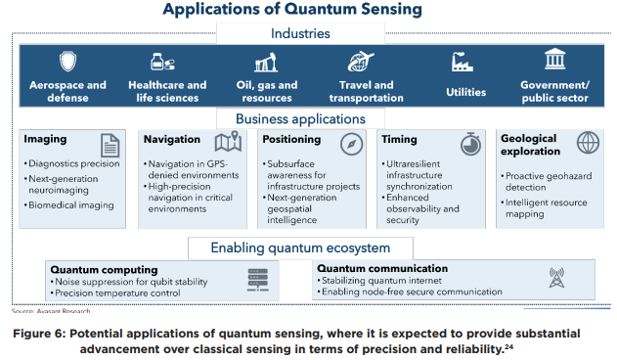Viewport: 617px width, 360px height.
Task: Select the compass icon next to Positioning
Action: pyautogui.click(x=353, y=143)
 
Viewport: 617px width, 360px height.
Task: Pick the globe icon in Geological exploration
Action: pyautogui.click(x=588, y=143)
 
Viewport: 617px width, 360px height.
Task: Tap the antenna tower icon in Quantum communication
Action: pyautogui.click(x=557, y=279)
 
